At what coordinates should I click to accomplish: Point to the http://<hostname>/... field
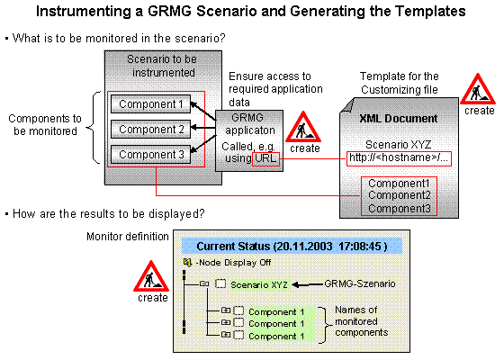(x=398, y=158)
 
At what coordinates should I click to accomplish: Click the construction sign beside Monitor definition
(x=152, y=276)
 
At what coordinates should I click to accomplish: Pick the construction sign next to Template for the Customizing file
(x=478, y=91)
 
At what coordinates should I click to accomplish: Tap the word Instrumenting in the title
(x=100, y=12)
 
